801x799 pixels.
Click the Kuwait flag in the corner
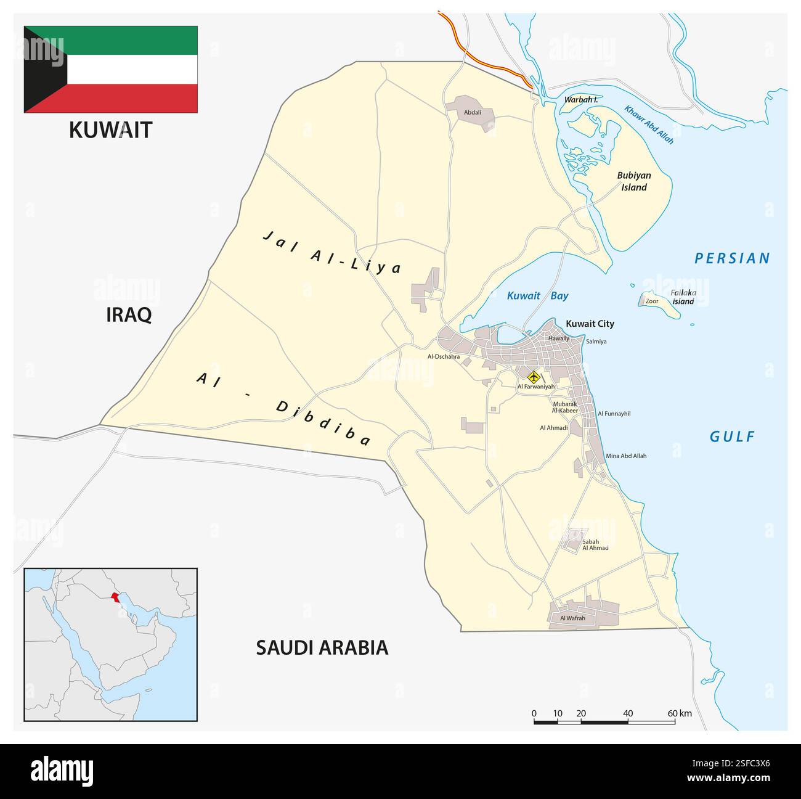111,69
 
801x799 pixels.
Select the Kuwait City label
590,324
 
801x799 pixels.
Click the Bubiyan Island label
634,181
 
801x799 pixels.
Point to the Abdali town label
473,113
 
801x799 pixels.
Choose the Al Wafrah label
572,618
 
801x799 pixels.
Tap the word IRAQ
129,315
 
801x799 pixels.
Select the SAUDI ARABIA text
322,647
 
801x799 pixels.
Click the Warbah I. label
581,99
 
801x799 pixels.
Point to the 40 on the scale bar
628,713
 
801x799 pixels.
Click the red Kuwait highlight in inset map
114,597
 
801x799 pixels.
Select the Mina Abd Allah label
626,456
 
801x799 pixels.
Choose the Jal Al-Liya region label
332,252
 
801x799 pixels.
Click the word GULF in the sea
732,437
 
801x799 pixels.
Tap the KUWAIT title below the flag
110,130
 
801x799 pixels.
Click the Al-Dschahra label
444,356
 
